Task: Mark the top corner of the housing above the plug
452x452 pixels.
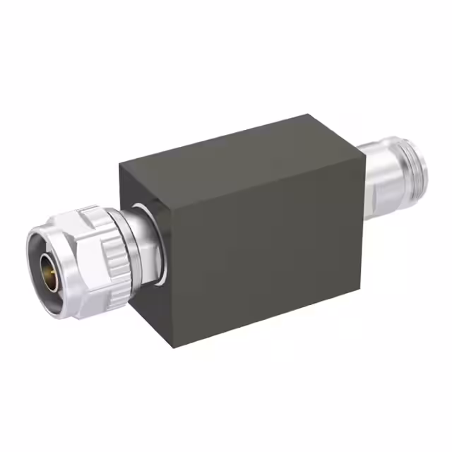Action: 120,163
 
